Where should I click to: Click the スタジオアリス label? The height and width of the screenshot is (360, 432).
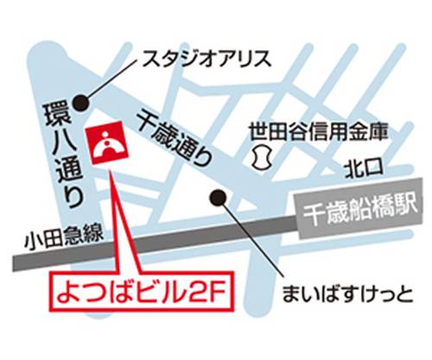(x=206, y=60)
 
